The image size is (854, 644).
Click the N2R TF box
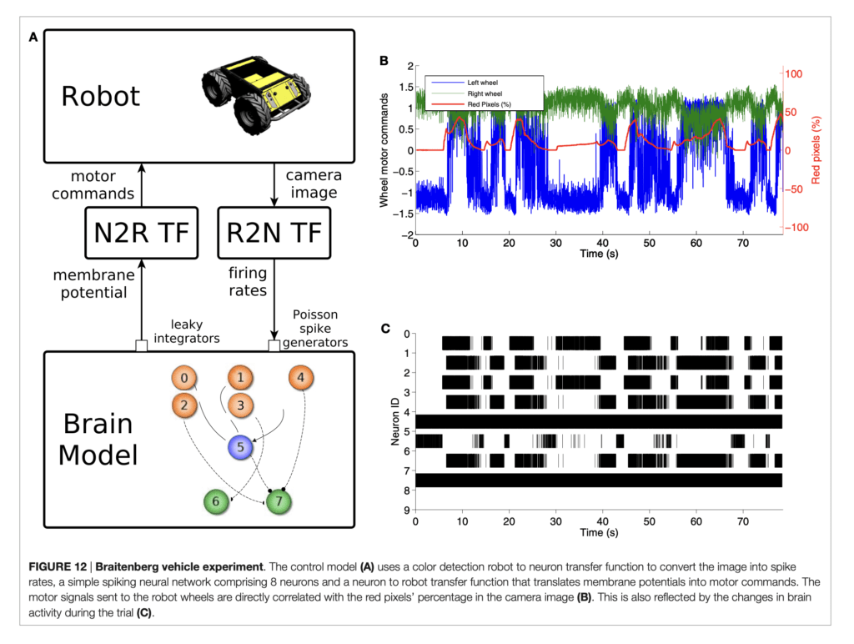(141, 232)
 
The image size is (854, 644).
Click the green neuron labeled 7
(279, 501)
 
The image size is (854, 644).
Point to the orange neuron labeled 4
(301, 378)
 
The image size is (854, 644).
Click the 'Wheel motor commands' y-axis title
(384, 150)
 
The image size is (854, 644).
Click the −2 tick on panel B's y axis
(406, 235)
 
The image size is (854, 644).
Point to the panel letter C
(385, 328)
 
